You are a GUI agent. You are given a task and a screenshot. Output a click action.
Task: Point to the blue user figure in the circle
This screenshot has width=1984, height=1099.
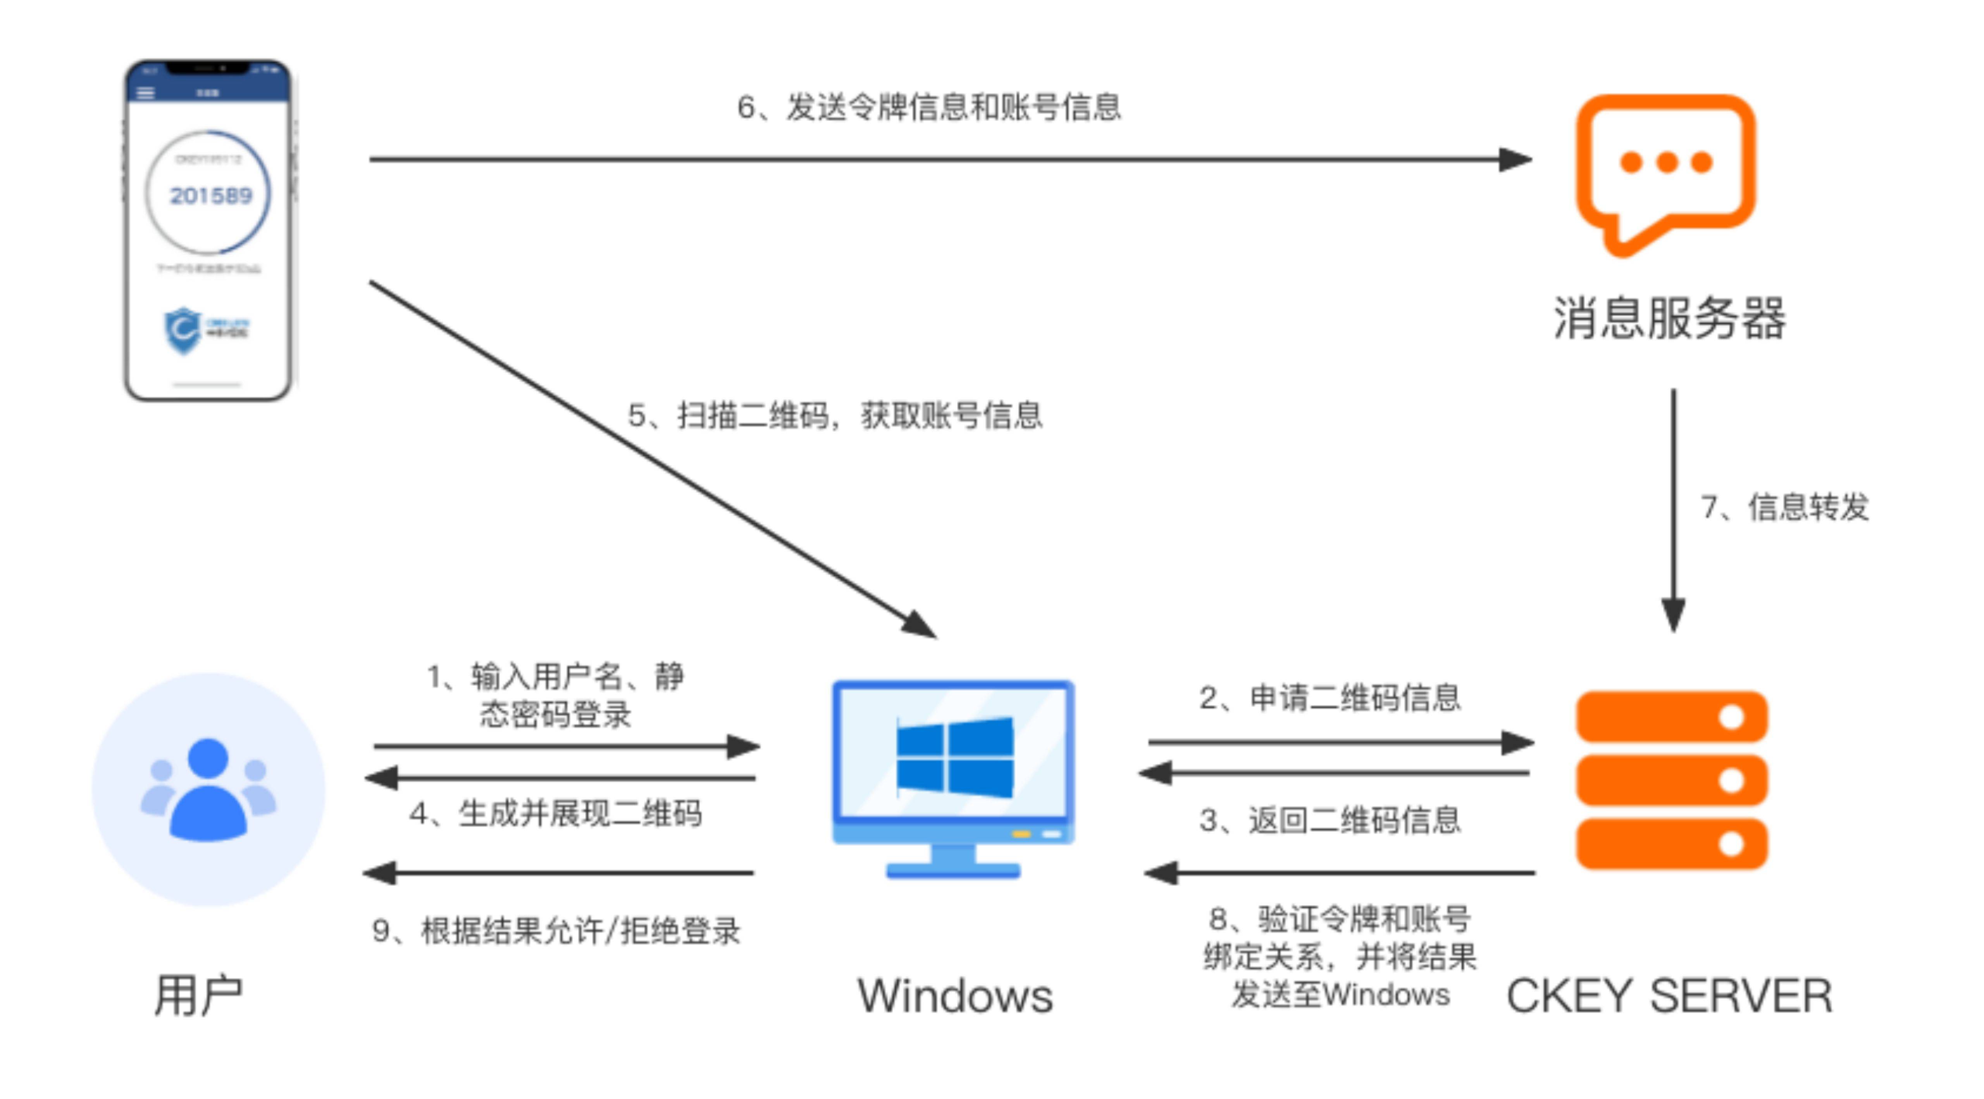(x=208, y=789)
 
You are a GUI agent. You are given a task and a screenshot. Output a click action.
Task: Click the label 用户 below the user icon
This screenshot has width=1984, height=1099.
(x=199, y=995)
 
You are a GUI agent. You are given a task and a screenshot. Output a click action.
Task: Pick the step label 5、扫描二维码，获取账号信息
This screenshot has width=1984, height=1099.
(x=835, y=416)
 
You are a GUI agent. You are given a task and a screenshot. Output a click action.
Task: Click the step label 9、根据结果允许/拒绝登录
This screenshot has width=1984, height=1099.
(x=556, y=931)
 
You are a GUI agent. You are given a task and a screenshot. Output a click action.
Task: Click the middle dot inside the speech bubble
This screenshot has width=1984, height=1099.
(x=1667, y=162)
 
